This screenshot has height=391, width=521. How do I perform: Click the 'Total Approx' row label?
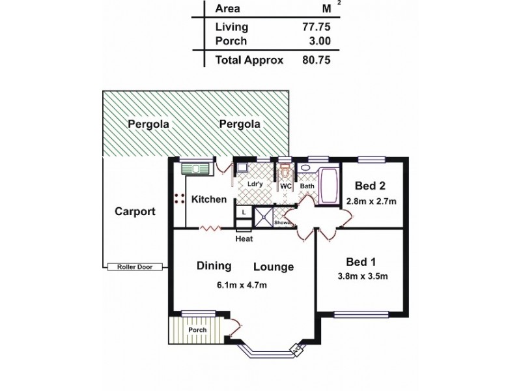pyautogui.click(x=249, y=60)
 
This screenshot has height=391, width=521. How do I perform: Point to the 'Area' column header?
pyautogui.click(x=227, y=8)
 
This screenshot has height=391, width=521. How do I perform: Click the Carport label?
pyautogui.click(x=135, y=211)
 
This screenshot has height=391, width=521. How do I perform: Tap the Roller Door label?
pyautogui.click(x=135, y=267)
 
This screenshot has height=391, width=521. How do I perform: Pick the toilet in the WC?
pyautogui.click(x=285, y=172)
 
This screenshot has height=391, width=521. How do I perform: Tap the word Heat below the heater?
pyautogui.click(x=244, y=239)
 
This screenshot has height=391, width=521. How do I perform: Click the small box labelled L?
pyautogui.click(x=244, y=212)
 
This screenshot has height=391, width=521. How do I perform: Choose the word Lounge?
pyautogui.click(x=273, y=267)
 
